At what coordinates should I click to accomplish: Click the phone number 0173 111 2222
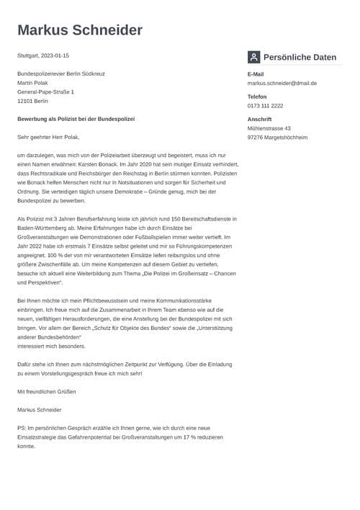point(265,106)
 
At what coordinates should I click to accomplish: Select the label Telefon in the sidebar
point(257,97)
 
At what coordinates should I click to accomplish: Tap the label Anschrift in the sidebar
point(259,119)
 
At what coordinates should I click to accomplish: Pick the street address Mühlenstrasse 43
point(269,128)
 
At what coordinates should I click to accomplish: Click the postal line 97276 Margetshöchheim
point(277,137)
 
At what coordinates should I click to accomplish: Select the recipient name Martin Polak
point(33,83)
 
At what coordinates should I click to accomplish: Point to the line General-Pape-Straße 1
point(45,92)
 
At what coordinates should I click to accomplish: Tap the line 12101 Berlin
point(33,101)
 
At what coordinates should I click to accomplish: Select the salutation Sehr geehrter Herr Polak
point(48,137)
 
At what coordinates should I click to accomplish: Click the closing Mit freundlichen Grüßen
point(46,392)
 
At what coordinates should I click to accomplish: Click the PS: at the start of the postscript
point(22,428)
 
